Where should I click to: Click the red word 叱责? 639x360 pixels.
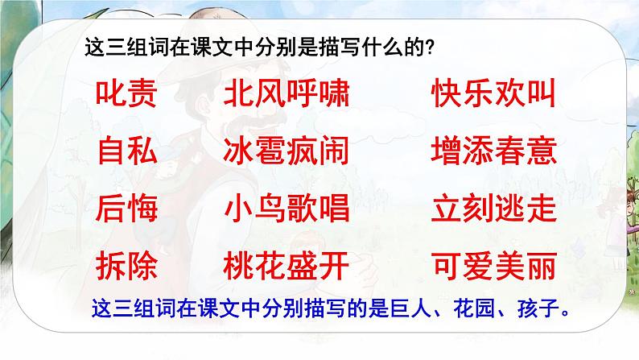pyautogui.click(x=126, y=93)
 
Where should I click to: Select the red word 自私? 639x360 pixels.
pyautogui.click(x=127, y=151)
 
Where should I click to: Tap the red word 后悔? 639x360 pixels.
pyautogui.click(x=126, y=209)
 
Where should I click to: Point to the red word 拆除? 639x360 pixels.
pyautogui.click(x=126, y=266)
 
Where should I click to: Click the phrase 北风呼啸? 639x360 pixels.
pyautogui.click(x=287, y=93)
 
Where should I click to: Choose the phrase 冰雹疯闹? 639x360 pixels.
pyautogui.click(x=287, y=151)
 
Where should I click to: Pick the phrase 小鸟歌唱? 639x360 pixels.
pyautogui.click(x=287, y=209)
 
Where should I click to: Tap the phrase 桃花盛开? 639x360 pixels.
pyautogui.click(x=287, y=266)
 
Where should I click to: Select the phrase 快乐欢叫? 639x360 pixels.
pyautogui.click(x=494, y=93)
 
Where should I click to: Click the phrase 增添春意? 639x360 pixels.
pyautogui.click(x=494, y=151)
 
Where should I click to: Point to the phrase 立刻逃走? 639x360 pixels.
pyautogui.click(x=494, y=209)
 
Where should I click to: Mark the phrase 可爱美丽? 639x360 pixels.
pyautogui.click(x=494, y=266)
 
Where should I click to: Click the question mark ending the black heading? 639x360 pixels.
pyautogui.click(x=429, y=48)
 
